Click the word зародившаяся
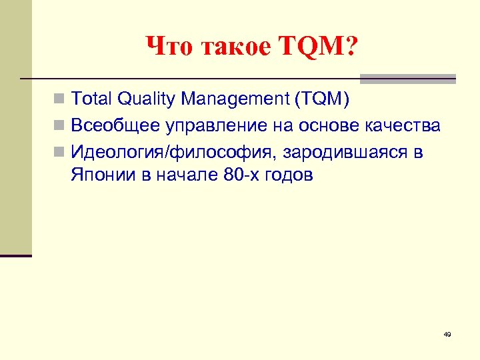tap(343, 152)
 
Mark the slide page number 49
tap(447, 334)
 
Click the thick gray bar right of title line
tap(407, 79)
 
